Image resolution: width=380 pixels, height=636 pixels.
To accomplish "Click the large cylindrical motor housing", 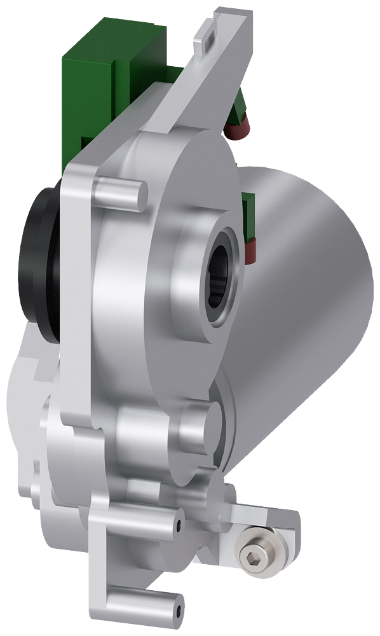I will [x=311, y=280].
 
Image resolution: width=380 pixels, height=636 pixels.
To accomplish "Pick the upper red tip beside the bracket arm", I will [x=237, y=131].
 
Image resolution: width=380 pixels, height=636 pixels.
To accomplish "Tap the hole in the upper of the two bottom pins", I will [x=179, y=525].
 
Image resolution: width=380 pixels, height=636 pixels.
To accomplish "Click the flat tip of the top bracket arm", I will [x=219, y=25].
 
